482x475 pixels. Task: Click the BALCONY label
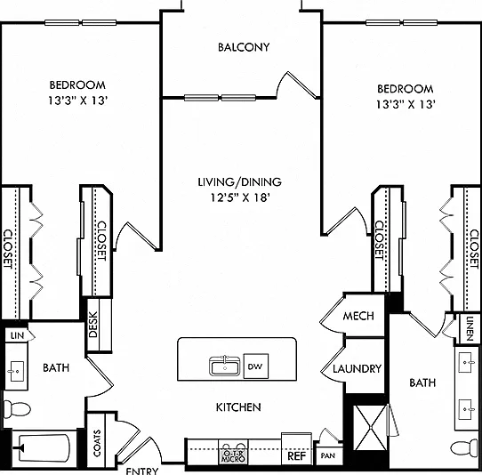(244, 47)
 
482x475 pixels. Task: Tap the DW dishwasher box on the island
(256, 366)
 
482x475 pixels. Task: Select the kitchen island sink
(225, 366)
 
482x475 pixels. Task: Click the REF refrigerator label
(297, 455)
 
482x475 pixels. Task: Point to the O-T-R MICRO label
(234, 456)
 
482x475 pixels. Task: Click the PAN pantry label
(328, 455)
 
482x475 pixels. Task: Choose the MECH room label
(358, 316)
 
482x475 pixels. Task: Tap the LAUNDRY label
(357, 368)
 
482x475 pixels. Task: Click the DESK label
(93, 325)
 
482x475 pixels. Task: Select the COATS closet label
(97, 443)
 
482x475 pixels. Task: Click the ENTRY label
(142, 471)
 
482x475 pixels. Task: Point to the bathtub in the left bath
(44, 448)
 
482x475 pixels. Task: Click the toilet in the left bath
(17, 409)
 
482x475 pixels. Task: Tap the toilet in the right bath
(466, 448)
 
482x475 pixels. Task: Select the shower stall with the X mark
(371, 428)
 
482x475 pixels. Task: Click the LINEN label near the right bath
(470, 328)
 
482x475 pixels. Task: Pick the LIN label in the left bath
(17, 335)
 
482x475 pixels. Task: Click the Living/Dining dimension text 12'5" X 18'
(240, 197)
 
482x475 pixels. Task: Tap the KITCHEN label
(238, 407)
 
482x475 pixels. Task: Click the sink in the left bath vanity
(15, 372)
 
